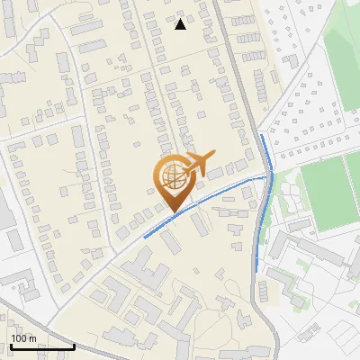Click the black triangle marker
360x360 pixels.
point(181,24)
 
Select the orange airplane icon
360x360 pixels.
point(196,164)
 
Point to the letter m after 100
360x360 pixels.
point(32,338)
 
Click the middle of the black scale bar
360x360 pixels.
point(41,346)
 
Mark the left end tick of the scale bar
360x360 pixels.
point(10,346)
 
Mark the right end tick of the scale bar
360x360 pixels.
point(74,346)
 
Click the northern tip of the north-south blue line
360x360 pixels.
point(261,135)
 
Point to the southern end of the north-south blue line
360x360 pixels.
point(258,269)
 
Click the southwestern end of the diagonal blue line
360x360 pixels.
point(144,238)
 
